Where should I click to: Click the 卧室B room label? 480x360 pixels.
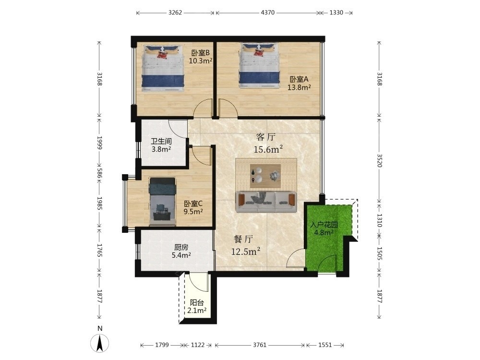(x=201, y=53)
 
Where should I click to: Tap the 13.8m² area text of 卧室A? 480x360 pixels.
(x=299, y=87)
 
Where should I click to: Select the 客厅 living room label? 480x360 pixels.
(x=266, y=137)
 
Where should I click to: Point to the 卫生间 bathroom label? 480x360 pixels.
(x=161, y=142)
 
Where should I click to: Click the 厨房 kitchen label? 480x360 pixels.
(x=181, y=247)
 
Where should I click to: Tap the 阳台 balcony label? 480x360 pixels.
(x=197, y=303)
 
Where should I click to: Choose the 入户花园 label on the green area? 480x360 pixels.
(x=324, y=225)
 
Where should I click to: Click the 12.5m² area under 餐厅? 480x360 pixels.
(x=246, y=252)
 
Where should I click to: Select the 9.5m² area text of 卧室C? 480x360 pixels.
(x=193, y=212)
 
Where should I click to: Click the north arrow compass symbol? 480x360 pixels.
(x=100, y=343)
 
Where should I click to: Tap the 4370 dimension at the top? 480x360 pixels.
(x=268, y=12)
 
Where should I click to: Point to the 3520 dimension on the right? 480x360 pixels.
(x=380, y=160)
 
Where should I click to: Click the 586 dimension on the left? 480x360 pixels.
(x=99, y=173)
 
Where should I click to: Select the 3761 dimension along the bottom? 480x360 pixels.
(x=260, y=345)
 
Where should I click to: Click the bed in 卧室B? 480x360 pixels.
(x=163, y=68)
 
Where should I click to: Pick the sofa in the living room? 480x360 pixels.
(x=266, y=202)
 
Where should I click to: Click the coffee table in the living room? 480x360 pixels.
(x=265, y=176)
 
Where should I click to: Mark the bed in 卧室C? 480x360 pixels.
(x=163, y=202)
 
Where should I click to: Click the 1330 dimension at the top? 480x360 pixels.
(x=336, y=12)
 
